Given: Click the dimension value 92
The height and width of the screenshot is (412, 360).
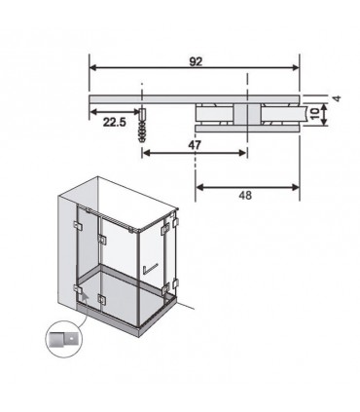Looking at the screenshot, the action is tap(196, 61).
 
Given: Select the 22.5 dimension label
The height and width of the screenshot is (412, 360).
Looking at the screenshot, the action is tap(114, 122).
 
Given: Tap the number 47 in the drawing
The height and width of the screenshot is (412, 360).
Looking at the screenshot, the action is tap(195, 145).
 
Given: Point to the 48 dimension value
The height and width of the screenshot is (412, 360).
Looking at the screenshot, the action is tap(245, 196).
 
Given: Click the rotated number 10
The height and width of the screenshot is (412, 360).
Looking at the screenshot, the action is tap(314, 114).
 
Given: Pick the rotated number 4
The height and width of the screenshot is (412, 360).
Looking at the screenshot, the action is tap(338, 98).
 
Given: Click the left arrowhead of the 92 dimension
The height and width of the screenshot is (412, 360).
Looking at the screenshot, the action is tap(93, 67).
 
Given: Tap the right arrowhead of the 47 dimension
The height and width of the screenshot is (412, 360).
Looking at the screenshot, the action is tap(242, 153).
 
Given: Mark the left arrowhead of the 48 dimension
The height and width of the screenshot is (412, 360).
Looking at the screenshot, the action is tap(199, 187).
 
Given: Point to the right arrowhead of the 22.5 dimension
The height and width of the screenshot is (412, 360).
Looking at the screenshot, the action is tap(137, 112).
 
